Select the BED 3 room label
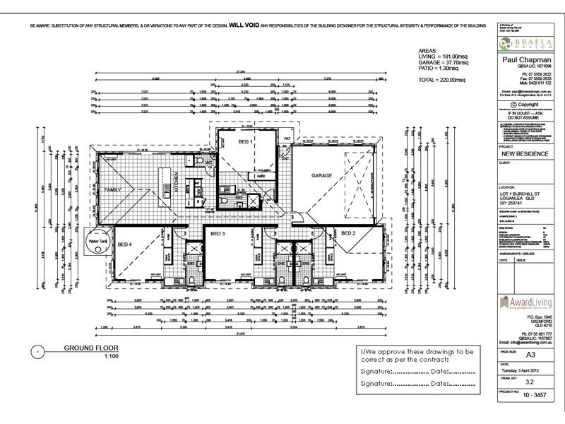tap(217, 232)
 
